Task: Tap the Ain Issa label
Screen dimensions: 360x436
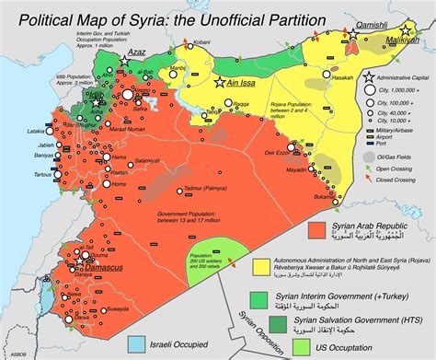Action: pos(241,83)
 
